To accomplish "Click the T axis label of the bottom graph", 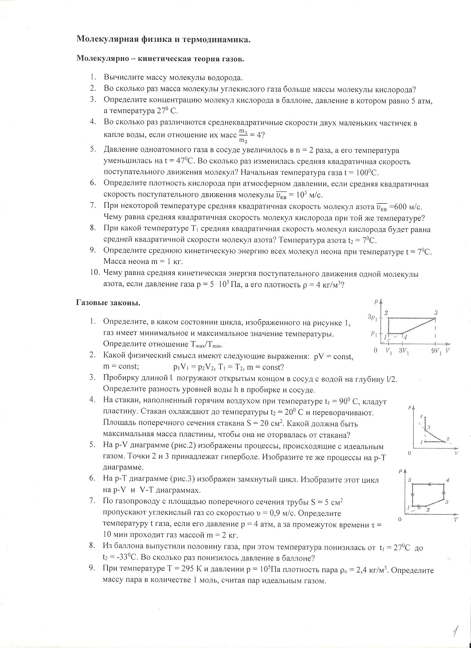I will (x=455, y=520).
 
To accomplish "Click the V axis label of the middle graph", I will (x=457, y=453).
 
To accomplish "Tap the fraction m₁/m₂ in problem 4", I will (x=243, y=135).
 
